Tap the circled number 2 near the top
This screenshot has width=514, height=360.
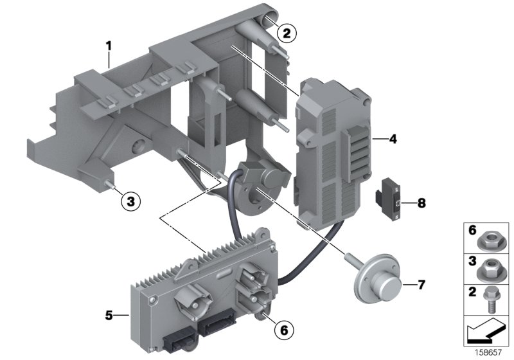pos(287,33)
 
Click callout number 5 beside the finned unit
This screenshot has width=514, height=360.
pos(109,315)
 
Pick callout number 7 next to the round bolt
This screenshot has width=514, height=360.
pos(421,283)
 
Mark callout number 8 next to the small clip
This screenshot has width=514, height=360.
pos(421,203)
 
